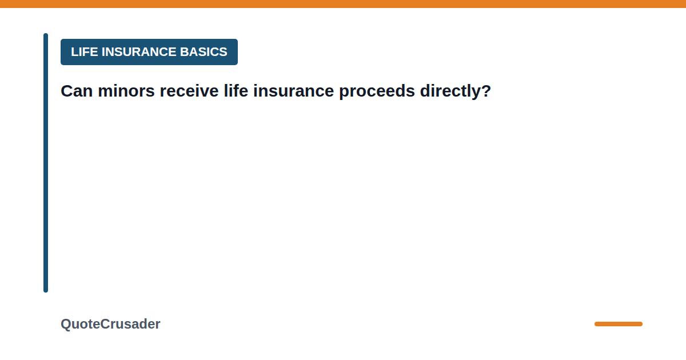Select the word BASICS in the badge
[204, 52]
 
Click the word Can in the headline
[77, 91]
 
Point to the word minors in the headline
[126, 91]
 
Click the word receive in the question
[189, 91]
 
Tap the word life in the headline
[236, 91]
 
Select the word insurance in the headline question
[293, 91]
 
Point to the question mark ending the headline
[486, 91]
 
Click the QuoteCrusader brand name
[110, 324]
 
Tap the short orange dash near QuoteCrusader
[619, 324]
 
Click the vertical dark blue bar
[46, 162]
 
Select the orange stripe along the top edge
[343, 3]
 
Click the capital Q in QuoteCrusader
[66, 325]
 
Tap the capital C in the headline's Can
[67, 91]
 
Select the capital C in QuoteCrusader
[105, 324]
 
